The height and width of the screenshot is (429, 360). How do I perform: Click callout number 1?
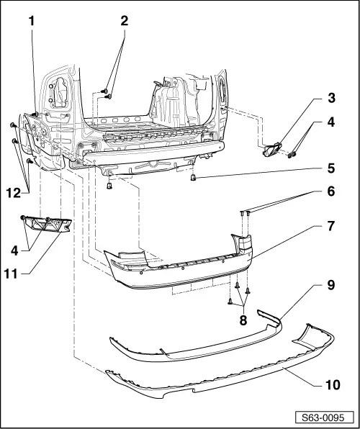(x=32, y=21)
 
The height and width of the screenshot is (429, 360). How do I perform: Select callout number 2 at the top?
(x=125, y=21)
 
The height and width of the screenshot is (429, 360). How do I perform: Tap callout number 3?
(x=331, y=98)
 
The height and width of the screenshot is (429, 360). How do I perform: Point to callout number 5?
(x=331, y=168)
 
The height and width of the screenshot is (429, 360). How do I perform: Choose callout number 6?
(x=331, y=191)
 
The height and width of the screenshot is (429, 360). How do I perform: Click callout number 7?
(x=331, y=226)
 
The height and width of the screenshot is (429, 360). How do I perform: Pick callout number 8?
(x=243, y=320)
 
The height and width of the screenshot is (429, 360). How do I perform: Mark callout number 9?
(x=331, y=285)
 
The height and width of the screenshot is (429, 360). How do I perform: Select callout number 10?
(x=333, y=385)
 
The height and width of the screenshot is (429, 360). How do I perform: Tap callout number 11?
(x=11, y=274)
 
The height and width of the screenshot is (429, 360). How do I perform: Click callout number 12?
(x=14, y=194)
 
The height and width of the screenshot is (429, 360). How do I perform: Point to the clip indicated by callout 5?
(x=193, y=177)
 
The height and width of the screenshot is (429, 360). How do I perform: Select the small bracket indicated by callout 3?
(x=272, y=150)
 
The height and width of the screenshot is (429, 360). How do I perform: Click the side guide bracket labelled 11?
(x=47, y=224)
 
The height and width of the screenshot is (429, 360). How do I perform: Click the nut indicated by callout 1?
(x=35, y=114)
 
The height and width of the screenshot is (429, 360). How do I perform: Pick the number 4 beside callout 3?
(x=331, y=122)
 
